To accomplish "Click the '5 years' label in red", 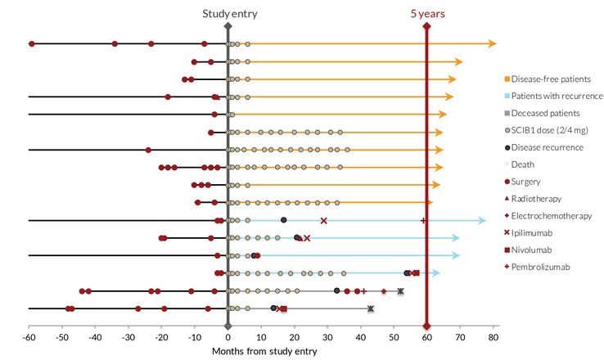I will [426, 14].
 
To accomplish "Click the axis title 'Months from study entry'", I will [264, 351].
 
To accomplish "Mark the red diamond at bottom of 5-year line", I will [426, 326].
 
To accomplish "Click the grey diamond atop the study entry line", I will [228, 28].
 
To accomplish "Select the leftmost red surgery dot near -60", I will [32, 43].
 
